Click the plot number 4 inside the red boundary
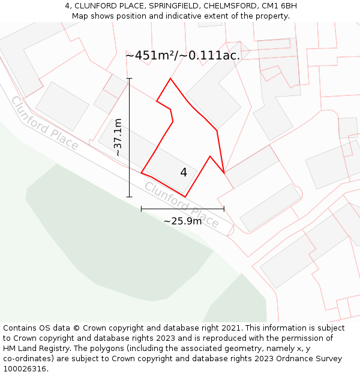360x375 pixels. pyautogui.click(x=184, y=173)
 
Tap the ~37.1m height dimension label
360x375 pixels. pyautogui.click(x=118, y=137)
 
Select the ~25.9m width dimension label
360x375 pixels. pyautogui.click(x=182, y=221)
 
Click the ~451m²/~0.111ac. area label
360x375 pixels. pyautogui.click(x=182, y=55)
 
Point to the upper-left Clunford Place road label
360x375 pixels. pyautogui.click(x=44, y=123)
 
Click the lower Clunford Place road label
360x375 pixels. pyautogui.click(x=182, y=205)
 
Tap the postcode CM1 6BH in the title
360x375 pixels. pyautogui.click(x=278, y=6)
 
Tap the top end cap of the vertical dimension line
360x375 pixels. pyautogui.click(x=129, y=79)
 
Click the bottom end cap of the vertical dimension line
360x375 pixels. pyautogui.click(x=129, y=197)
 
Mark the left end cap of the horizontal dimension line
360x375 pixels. pyautogui.click(x=142, y=209)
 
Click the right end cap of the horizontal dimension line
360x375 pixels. pyautogui.click(x=224, y=209)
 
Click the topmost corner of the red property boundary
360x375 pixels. pyautogui.click(x=170, y=79)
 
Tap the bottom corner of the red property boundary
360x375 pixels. pyautogui.click(x=185, y=196)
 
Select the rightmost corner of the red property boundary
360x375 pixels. pyautogui.click(x=224, y=173)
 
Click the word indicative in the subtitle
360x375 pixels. pyautogui.click(x=182, y=16)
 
